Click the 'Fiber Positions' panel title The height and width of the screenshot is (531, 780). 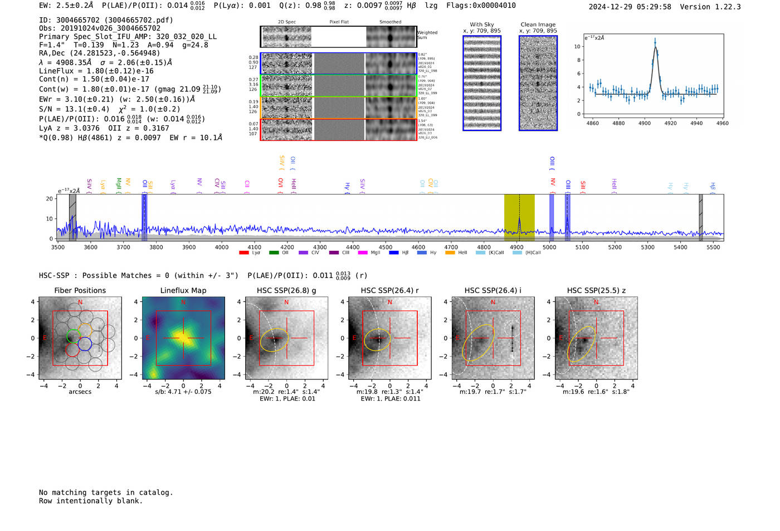point(80,290)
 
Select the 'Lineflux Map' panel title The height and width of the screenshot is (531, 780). point(183,290)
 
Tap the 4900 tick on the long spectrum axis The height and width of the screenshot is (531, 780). point(516,247)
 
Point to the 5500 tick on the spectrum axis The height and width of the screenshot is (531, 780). point(713,247)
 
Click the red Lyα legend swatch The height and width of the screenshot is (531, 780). point(243,253)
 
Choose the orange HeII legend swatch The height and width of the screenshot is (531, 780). point(450,253)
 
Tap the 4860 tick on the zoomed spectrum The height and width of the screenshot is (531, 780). point(592,123)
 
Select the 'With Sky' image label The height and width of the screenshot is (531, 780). point(481,25)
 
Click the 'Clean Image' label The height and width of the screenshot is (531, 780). point(538,25)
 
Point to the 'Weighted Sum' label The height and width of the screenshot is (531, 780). point(427,35)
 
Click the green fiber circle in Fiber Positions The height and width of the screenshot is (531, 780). point(73,336)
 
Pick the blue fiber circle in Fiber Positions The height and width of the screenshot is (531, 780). point(85,344)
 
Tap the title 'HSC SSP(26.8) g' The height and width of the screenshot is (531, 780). point(286,290)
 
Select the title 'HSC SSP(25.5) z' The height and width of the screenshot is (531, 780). point(596,290)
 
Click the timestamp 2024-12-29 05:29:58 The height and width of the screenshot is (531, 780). point(630,7)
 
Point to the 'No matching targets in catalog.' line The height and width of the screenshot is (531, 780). point(106,493)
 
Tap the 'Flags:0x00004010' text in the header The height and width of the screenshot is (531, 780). point(481,6)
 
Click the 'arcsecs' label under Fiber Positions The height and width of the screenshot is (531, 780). point(80,392)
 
